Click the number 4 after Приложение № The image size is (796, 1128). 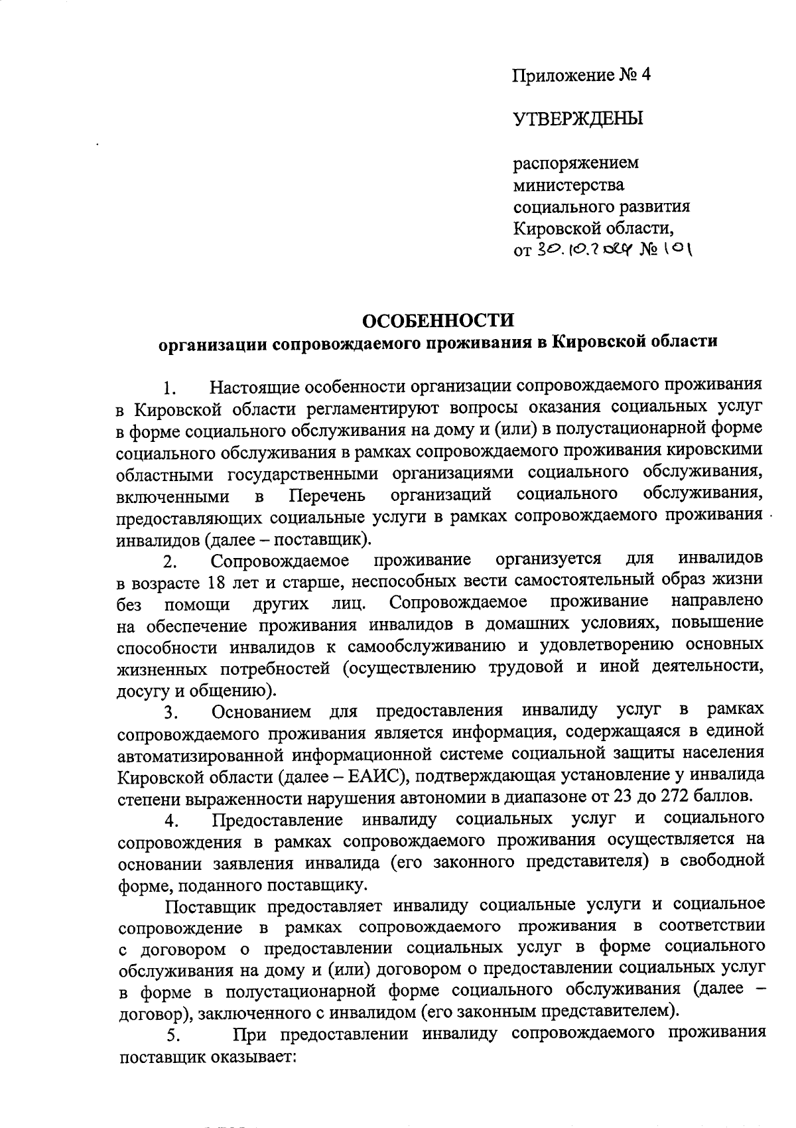click(x=646, y=75)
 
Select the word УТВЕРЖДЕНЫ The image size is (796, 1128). click(x=578, y=119)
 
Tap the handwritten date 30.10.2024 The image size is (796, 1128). click(x=586, y=250)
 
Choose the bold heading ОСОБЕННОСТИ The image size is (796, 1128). click(x=438, y=320)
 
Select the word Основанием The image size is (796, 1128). click(x=261, y=712)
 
